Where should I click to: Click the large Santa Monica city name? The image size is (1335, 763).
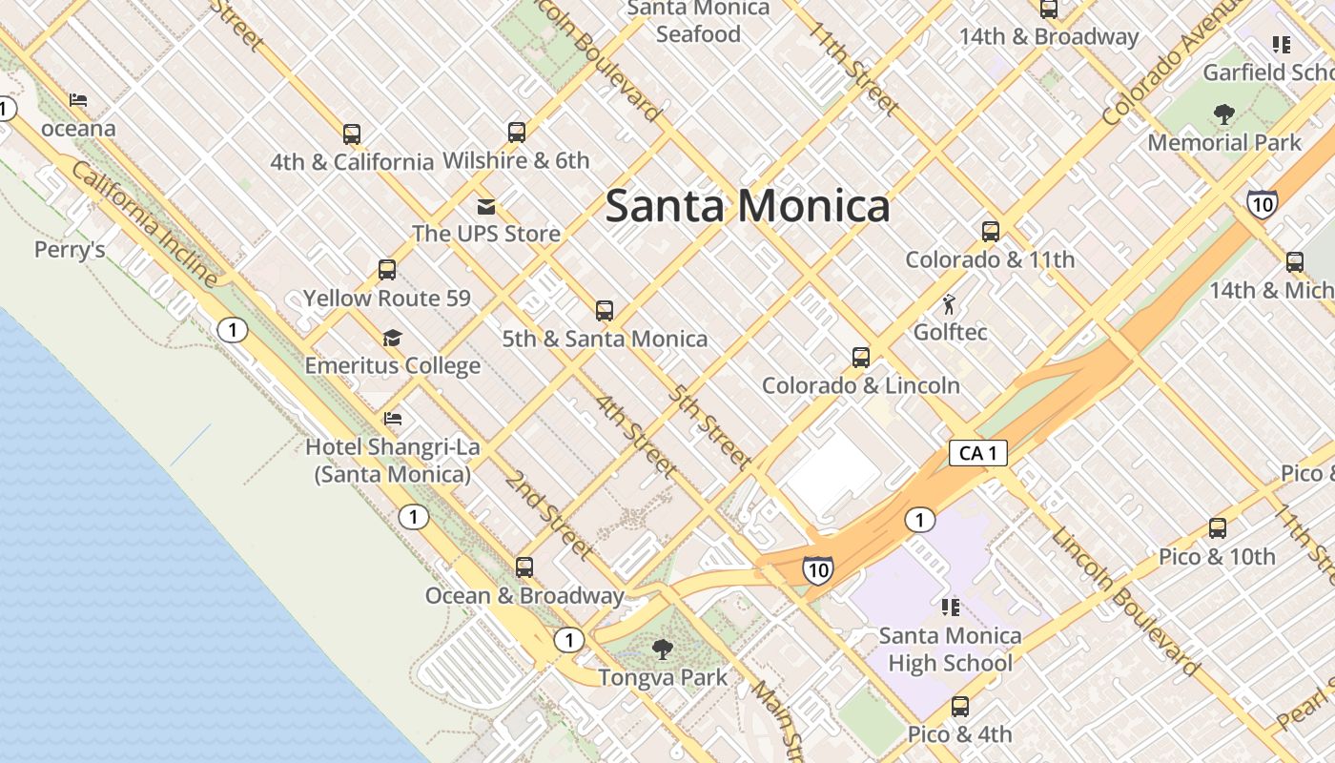[x=748, y=206]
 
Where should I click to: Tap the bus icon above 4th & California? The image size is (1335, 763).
[x=352, y=134]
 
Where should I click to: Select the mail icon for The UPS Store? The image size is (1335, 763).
[x=486, y=207]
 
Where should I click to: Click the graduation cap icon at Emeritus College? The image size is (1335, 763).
[x=392, y=338]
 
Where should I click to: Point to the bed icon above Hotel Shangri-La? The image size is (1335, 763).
[x=392, y=418]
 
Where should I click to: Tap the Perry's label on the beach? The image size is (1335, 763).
[x=70, y=250]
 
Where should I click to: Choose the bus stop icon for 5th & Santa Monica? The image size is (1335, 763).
[x=605, y=310]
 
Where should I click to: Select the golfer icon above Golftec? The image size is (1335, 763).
[x=949, y=305]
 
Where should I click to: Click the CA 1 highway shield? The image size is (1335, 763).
[x=978, y=453]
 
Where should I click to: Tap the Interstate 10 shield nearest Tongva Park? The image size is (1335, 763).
[x=817, y=570]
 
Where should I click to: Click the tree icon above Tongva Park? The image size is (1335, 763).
[x=662, y=650]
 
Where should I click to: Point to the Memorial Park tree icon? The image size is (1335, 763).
[x=1223, y=115]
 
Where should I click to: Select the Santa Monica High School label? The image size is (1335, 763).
[x=950, y=650]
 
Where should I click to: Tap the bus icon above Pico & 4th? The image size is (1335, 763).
[x=960, y=707]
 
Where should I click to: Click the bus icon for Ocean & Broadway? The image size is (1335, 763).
[x=524, y=567]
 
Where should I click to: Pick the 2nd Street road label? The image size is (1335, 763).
[x=550, y=514]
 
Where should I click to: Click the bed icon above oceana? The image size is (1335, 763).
[x=78, y=100]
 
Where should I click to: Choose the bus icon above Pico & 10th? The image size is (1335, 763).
[x=1218, y=528]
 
